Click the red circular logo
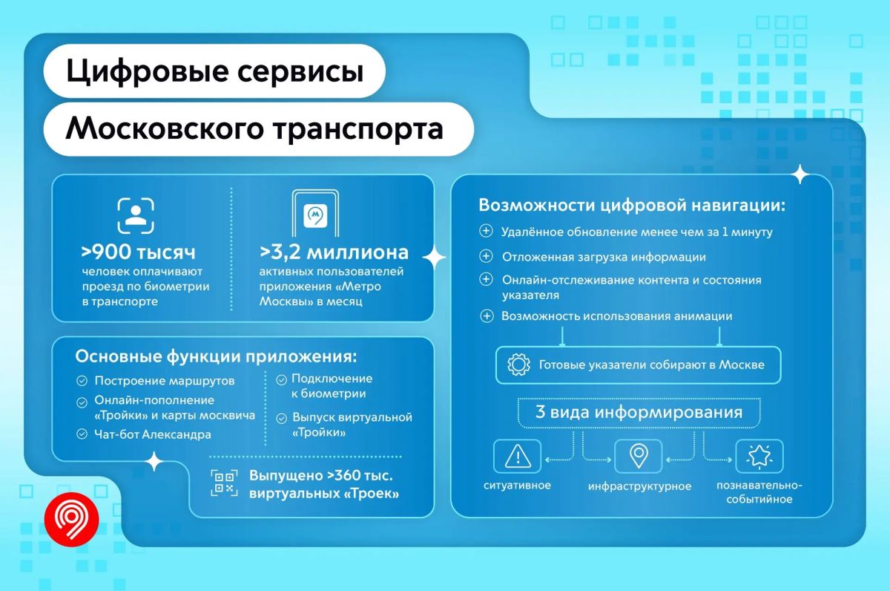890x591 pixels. (x=71, y=520)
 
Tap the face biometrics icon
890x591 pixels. (x=136, y=215)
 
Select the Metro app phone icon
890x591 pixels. (x=315, y=214)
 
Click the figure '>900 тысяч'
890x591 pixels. (x=138, y=252)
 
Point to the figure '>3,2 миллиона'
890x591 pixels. (x=334, y=252)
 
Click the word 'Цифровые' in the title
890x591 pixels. (x=148, y=71)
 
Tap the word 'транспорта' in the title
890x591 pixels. (x=358, y=130)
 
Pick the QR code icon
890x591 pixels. (x=224, y=483)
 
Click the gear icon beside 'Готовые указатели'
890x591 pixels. (x=518, y=365)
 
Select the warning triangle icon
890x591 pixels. (x=518, y=456)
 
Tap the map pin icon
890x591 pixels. (x=639, y=456)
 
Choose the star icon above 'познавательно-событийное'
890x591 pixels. (x=759, y=456)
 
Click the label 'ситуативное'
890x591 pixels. (x=517, y=486)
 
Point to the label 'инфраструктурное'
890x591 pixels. (x=639, y=486)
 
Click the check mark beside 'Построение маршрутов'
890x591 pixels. (x=82, y=381)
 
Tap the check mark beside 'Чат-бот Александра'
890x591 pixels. (x=82, y=434)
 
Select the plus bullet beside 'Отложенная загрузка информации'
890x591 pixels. (x=486, y=256)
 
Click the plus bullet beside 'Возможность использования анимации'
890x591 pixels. (x=487, y=316)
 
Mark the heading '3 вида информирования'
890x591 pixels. (x=639, y=412)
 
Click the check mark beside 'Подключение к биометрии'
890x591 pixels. (x=281, y=380)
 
